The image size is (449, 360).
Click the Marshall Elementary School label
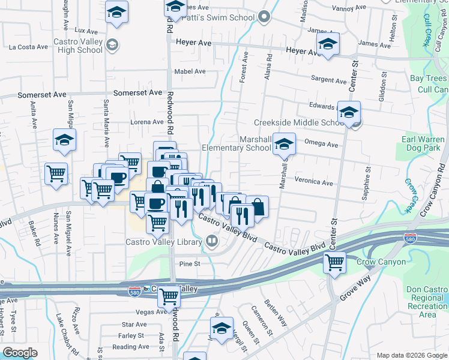(x=236, y=143)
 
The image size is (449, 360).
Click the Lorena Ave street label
(x=147, y=122)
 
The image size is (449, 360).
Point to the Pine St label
(x=189, y=263)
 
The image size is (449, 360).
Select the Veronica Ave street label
(x=313, y=182)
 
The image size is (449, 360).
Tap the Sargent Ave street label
(x=328, y=80)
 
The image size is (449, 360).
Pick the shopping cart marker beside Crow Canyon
(x=334, y=262)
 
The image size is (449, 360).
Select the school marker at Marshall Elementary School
(x=284, y=144)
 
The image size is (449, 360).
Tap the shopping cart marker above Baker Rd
(x=56, y=173)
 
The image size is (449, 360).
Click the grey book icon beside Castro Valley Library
(x=211, y=242)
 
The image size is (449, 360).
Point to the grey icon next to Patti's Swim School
(x=265, y=17)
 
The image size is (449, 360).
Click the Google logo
(x=20, y=353)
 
